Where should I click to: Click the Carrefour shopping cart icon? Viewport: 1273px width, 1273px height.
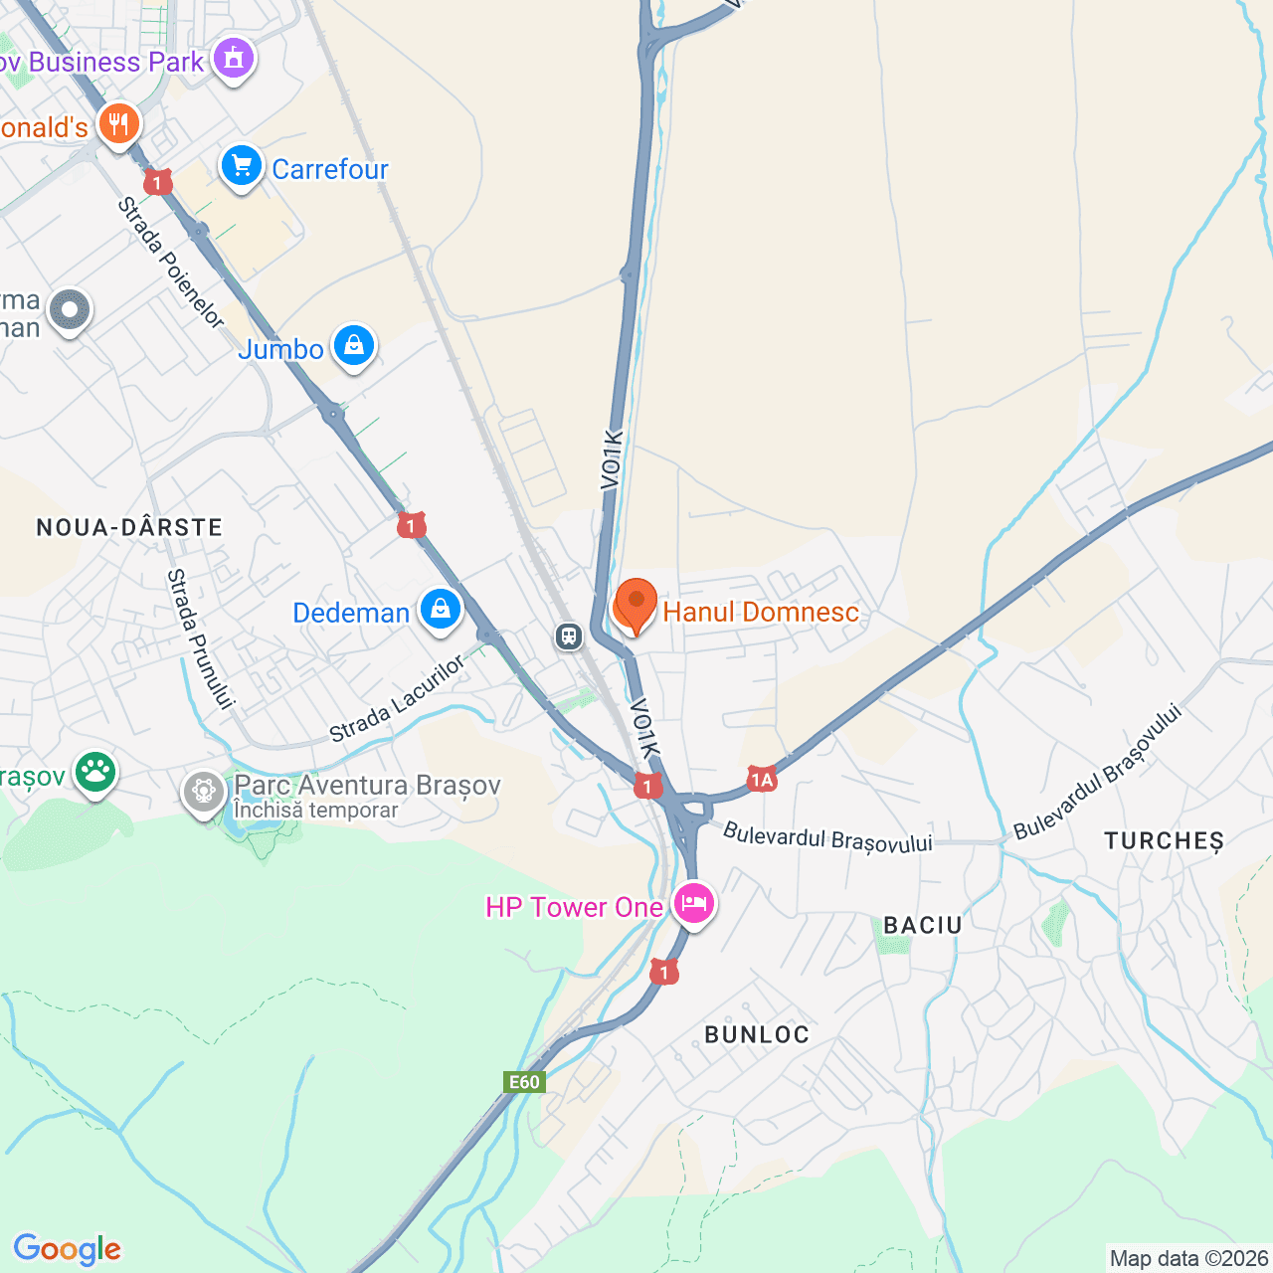pyautogui.click(x=242, y=167)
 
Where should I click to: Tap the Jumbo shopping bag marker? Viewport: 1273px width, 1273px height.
pyautogui.click(x=353, y=347)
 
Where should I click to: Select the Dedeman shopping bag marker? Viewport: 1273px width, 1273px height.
pyautogui.click(x=440, y=609)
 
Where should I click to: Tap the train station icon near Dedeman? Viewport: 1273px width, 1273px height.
pyautogui.click(x=569, y=636)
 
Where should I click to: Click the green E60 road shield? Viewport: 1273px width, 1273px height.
pyautogui.click(x=524, y=1082)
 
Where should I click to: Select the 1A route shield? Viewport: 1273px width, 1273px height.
pyautogui.click(x=762, y=779)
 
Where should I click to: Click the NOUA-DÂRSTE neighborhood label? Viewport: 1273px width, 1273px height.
pyautogui.click(x=129, y=527)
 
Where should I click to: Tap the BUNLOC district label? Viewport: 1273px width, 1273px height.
pyautogui.click(x=757, y=1034)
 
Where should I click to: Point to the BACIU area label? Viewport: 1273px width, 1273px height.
pyautogui.click(x=923, y=925)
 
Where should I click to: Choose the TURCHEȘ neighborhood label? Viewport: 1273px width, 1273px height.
pyautogui.click(x=1164, y=840)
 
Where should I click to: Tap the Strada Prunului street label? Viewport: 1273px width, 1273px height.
pyautogui.click(x=200, y=638)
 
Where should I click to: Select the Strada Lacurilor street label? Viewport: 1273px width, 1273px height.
pyautogui.click(x=397, y=698)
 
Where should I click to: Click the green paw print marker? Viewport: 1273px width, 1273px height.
pyautogui.click(x=95, y=772)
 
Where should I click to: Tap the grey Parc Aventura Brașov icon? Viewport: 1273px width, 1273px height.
pyautogui.click(x=204, y=793)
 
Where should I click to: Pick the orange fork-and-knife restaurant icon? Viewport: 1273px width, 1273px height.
pyautogui.click(x=118, y=124)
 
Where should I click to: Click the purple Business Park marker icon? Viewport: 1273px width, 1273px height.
pyautogui.click(x=234, y=59)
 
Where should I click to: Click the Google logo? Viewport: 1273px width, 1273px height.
pyautogui.click(x=67, y=1249)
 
